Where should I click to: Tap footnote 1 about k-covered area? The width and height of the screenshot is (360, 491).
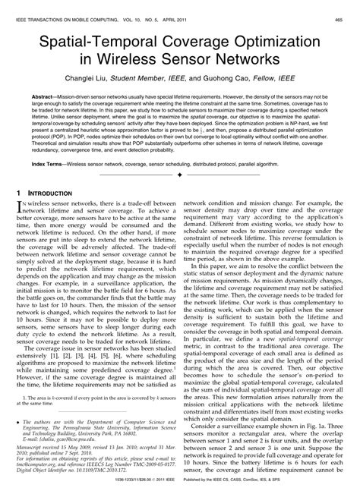[91, 404]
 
